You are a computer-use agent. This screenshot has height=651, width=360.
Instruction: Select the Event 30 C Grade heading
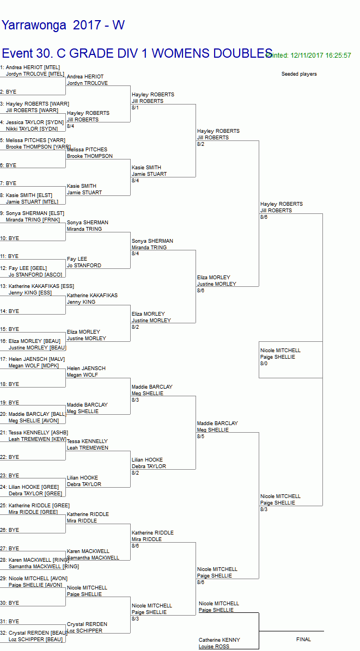pos(137,53)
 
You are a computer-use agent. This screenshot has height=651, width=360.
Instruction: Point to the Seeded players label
pos(298,74)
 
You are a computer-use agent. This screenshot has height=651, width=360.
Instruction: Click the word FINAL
pos(303,640)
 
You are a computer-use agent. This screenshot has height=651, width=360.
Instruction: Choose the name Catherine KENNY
pos(219,640)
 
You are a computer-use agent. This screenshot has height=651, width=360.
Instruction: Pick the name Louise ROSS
pos(213,647)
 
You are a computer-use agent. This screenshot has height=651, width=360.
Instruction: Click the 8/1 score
pos(135,108)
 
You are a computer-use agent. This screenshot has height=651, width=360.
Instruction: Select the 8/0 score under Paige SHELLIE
pos(264,364)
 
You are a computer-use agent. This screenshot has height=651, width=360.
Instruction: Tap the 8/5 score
pos(200,437)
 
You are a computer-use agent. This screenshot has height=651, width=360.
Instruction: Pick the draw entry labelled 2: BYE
pos(8,92)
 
